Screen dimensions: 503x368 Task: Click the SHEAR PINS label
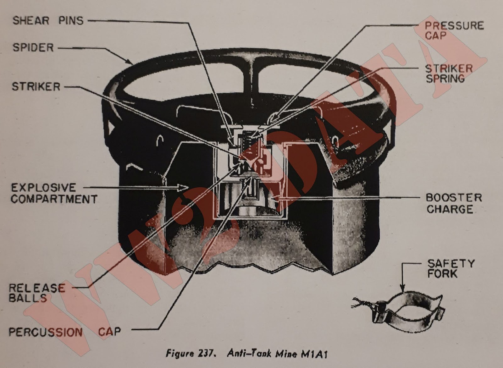tap(48, 21)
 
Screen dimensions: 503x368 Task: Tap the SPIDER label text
tap(33, 47)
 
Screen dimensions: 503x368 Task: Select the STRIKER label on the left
tap(36, 86)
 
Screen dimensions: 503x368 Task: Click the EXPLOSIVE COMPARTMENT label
tap(54, 193)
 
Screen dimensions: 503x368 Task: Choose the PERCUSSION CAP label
tap(65, 332)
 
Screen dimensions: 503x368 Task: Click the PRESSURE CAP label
tap(454, 30)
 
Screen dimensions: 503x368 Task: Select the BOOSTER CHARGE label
tap(454, 203)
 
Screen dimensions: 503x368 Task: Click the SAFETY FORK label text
tap(451, 268)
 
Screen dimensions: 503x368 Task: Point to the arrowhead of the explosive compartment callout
tap(184, 187)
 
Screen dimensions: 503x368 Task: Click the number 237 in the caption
tap(206, 354)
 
